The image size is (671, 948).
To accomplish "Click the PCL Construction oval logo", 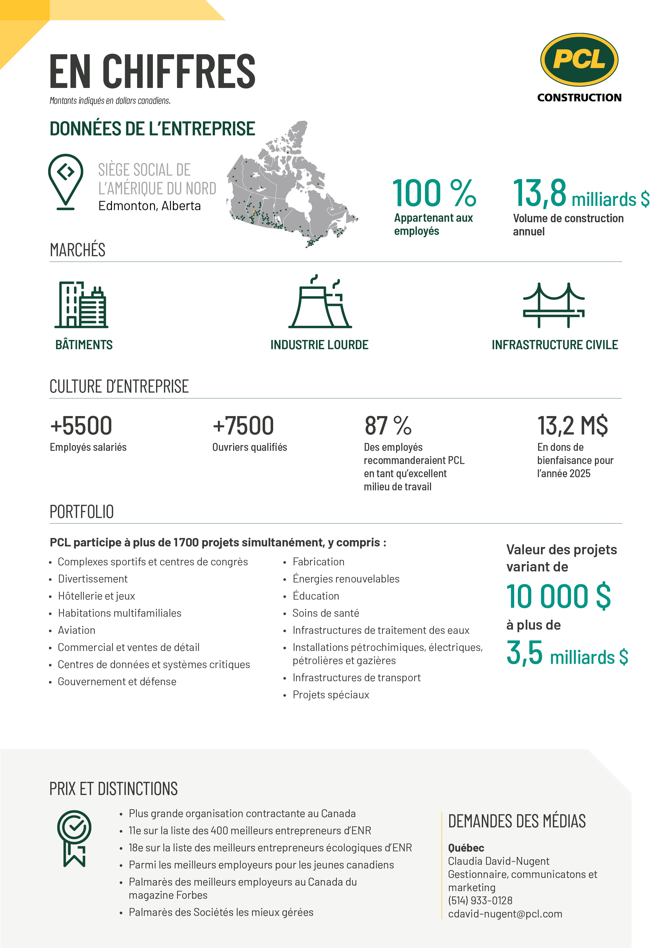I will click(579, 60).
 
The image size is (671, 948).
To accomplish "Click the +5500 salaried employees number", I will click(81, 426).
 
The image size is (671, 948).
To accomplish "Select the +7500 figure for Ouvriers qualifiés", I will click(243, 426).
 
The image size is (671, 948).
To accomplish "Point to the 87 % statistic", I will click(388, 426).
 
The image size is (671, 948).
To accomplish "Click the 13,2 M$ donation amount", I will click(572, 426).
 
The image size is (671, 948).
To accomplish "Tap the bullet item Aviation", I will click(76, 630).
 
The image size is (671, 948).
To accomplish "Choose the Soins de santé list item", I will click(326, 613).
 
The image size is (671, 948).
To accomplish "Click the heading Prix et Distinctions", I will click(114, 789).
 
